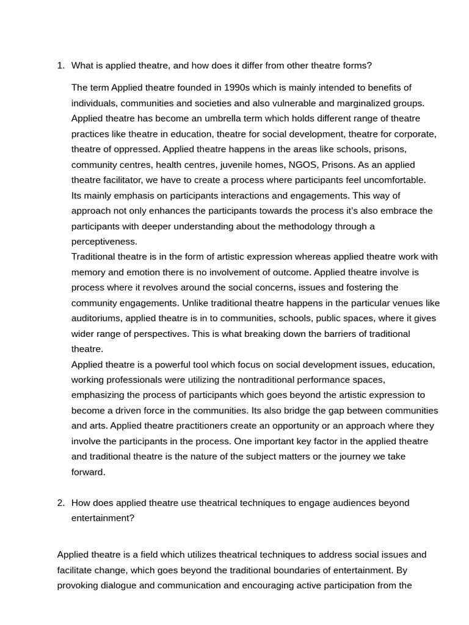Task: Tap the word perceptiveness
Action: (x=104, y=242)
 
